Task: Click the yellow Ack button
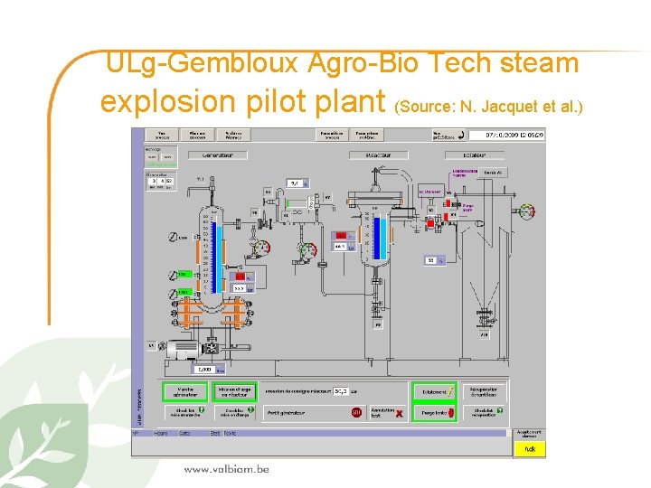(531, 448)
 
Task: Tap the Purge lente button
(434, 413)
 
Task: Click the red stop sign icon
(357, 413)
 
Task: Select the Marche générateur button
(184, 391)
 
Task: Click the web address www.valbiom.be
(226, 469)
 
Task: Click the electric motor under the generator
(187, 348)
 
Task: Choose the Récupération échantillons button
(485, 391)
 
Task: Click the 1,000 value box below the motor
(205, 370)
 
